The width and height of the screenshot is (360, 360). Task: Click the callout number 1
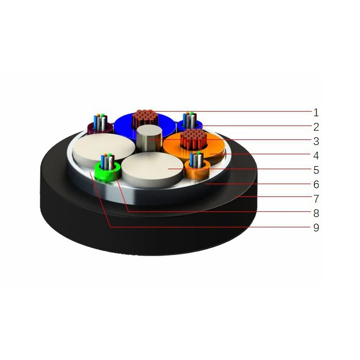pos(316,112)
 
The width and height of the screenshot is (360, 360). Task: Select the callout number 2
pos(316,127)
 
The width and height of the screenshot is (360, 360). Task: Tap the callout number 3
pos(316,141)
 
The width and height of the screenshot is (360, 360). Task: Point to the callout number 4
pos(316,155)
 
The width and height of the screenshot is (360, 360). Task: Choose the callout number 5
pos(316,170)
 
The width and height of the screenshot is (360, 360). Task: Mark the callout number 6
pos(316,184)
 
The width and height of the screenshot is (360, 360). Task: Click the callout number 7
pos(316,199)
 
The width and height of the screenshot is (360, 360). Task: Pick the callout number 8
pos(316,213)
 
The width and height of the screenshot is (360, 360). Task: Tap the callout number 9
pos(316,227)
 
